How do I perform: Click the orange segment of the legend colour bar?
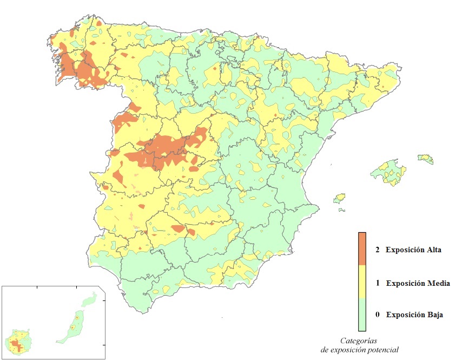pyautogui.click(x=362, y=249)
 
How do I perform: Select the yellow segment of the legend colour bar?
pyautogui.click(x=362, y=282)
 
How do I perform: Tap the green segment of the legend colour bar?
pyautogui.click(x=362, y=315)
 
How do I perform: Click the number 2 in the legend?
pyautogui.click(x=378, y=250)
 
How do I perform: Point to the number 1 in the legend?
pyautogui.click(x=378, y=283)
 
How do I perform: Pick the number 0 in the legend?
pyautogui.click(x=378, y=315)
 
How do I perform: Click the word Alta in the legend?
pyautogui.click(x=432, y=250)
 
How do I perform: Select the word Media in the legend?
pyautogui.click(x=438, y=283)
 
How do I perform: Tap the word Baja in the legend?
pyautogui.click(x=433, y=315)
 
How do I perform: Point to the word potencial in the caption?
pyautogui.click(x=382, y=350)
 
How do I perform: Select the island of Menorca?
pyautogui.click(x=426, y=159)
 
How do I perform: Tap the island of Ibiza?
pyautogui.click(x=340, y=198)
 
